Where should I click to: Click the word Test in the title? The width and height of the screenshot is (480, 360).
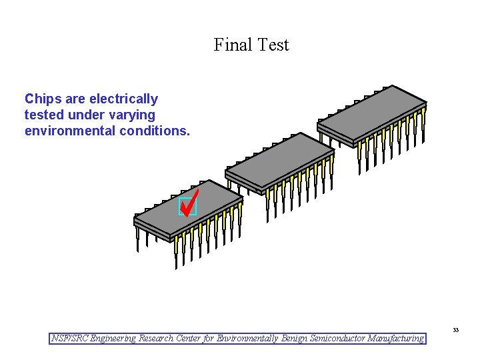pos(274,45)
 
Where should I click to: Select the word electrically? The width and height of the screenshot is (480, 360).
pos(123,99)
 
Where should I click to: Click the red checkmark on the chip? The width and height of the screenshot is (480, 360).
pos(190,201)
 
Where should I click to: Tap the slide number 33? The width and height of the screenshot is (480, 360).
pos(455,330)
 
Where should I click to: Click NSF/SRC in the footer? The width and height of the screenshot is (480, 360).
pos(69,339)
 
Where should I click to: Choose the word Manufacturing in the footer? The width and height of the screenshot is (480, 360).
pos(395,339)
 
